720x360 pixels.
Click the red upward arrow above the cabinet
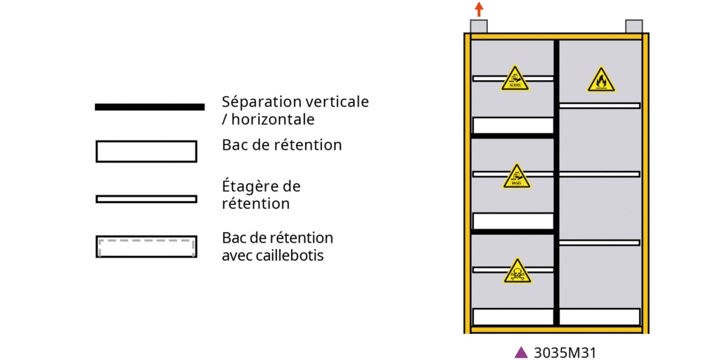(479, 9)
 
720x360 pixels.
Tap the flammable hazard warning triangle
(600, 81)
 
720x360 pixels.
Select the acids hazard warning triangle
(515, 79)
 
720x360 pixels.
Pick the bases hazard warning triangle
(517, 176)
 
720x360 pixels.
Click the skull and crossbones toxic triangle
(517, 271)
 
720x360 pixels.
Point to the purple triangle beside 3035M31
(521, 352)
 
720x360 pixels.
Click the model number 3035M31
(560, 352)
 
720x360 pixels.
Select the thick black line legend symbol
(149, 107)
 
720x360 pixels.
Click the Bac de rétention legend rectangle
(146, 151)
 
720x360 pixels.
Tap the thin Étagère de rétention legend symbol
(146, 199)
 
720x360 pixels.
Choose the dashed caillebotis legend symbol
(146, 247)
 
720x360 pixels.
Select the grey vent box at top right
(634, 27)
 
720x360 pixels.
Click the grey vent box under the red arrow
(478, 27)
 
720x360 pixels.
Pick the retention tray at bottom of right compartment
(600, 316)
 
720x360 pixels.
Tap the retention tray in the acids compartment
(513, 125)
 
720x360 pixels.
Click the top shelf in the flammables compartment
(600, 105)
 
